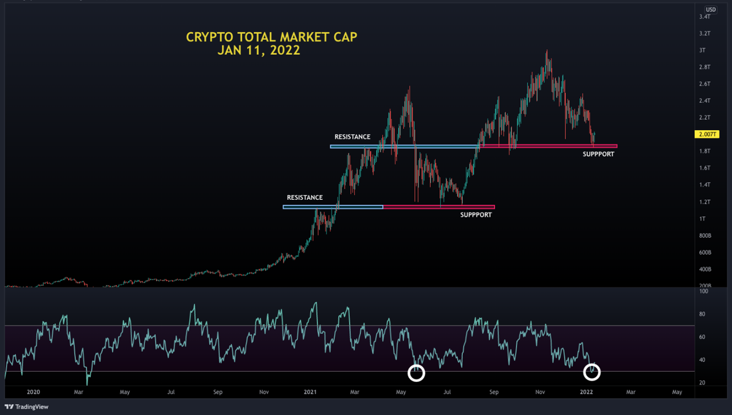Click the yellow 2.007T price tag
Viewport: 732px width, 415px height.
pos(705,134)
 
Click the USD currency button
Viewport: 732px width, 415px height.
pos(710,9)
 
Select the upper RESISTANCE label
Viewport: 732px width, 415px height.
pos(352,137)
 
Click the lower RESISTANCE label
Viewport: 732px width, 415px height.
pos(304,197)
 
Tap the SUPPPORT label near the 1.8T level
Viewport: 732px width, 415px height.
pos(598,154)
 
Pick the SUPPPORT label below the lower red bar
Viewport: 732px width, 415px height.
pos(476,215)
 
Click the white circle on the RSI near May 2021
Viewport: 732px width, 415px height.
pos(416,373)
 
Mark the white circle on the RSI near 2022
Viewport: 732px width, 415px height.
pos(592,372)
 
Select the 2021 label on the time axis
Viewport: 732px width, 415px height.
pos(310,392)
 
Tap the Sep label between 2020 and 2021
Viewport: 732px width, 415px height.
pos(217,392)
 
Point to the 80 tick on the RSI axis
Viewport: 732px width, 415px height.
pos(703,314)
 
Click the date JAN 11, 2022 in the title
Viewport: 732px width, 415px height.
pos(258,51)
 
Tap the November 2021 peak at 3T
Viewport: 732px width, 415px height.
pos(546,51)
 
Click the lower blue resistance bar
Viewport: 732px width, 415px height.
pos(333,207)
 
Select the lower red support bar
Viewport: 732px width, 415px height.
pos(439,207)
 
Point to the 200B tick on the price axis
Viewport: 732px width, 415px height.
pos(705,285)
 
